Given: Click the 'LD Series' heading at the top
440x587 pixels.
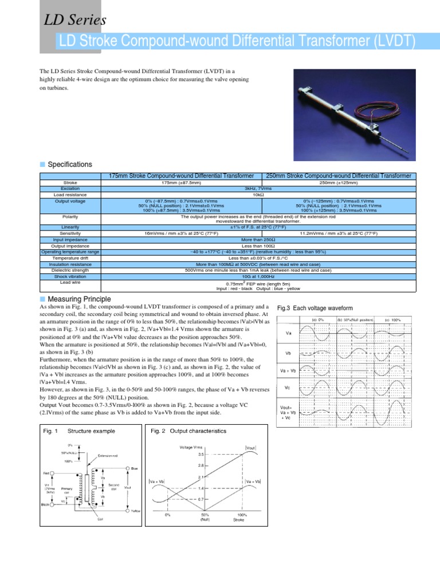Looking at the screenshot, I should (75, 20).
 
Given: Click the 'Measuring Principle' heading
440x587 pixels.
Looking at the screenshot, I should (79, 299).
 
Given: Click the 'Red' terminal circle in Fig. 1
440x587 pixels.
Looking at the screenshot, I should (52, 473).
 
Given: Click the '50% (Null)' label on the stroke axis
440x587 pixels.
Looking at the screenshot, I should (205, 517).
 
